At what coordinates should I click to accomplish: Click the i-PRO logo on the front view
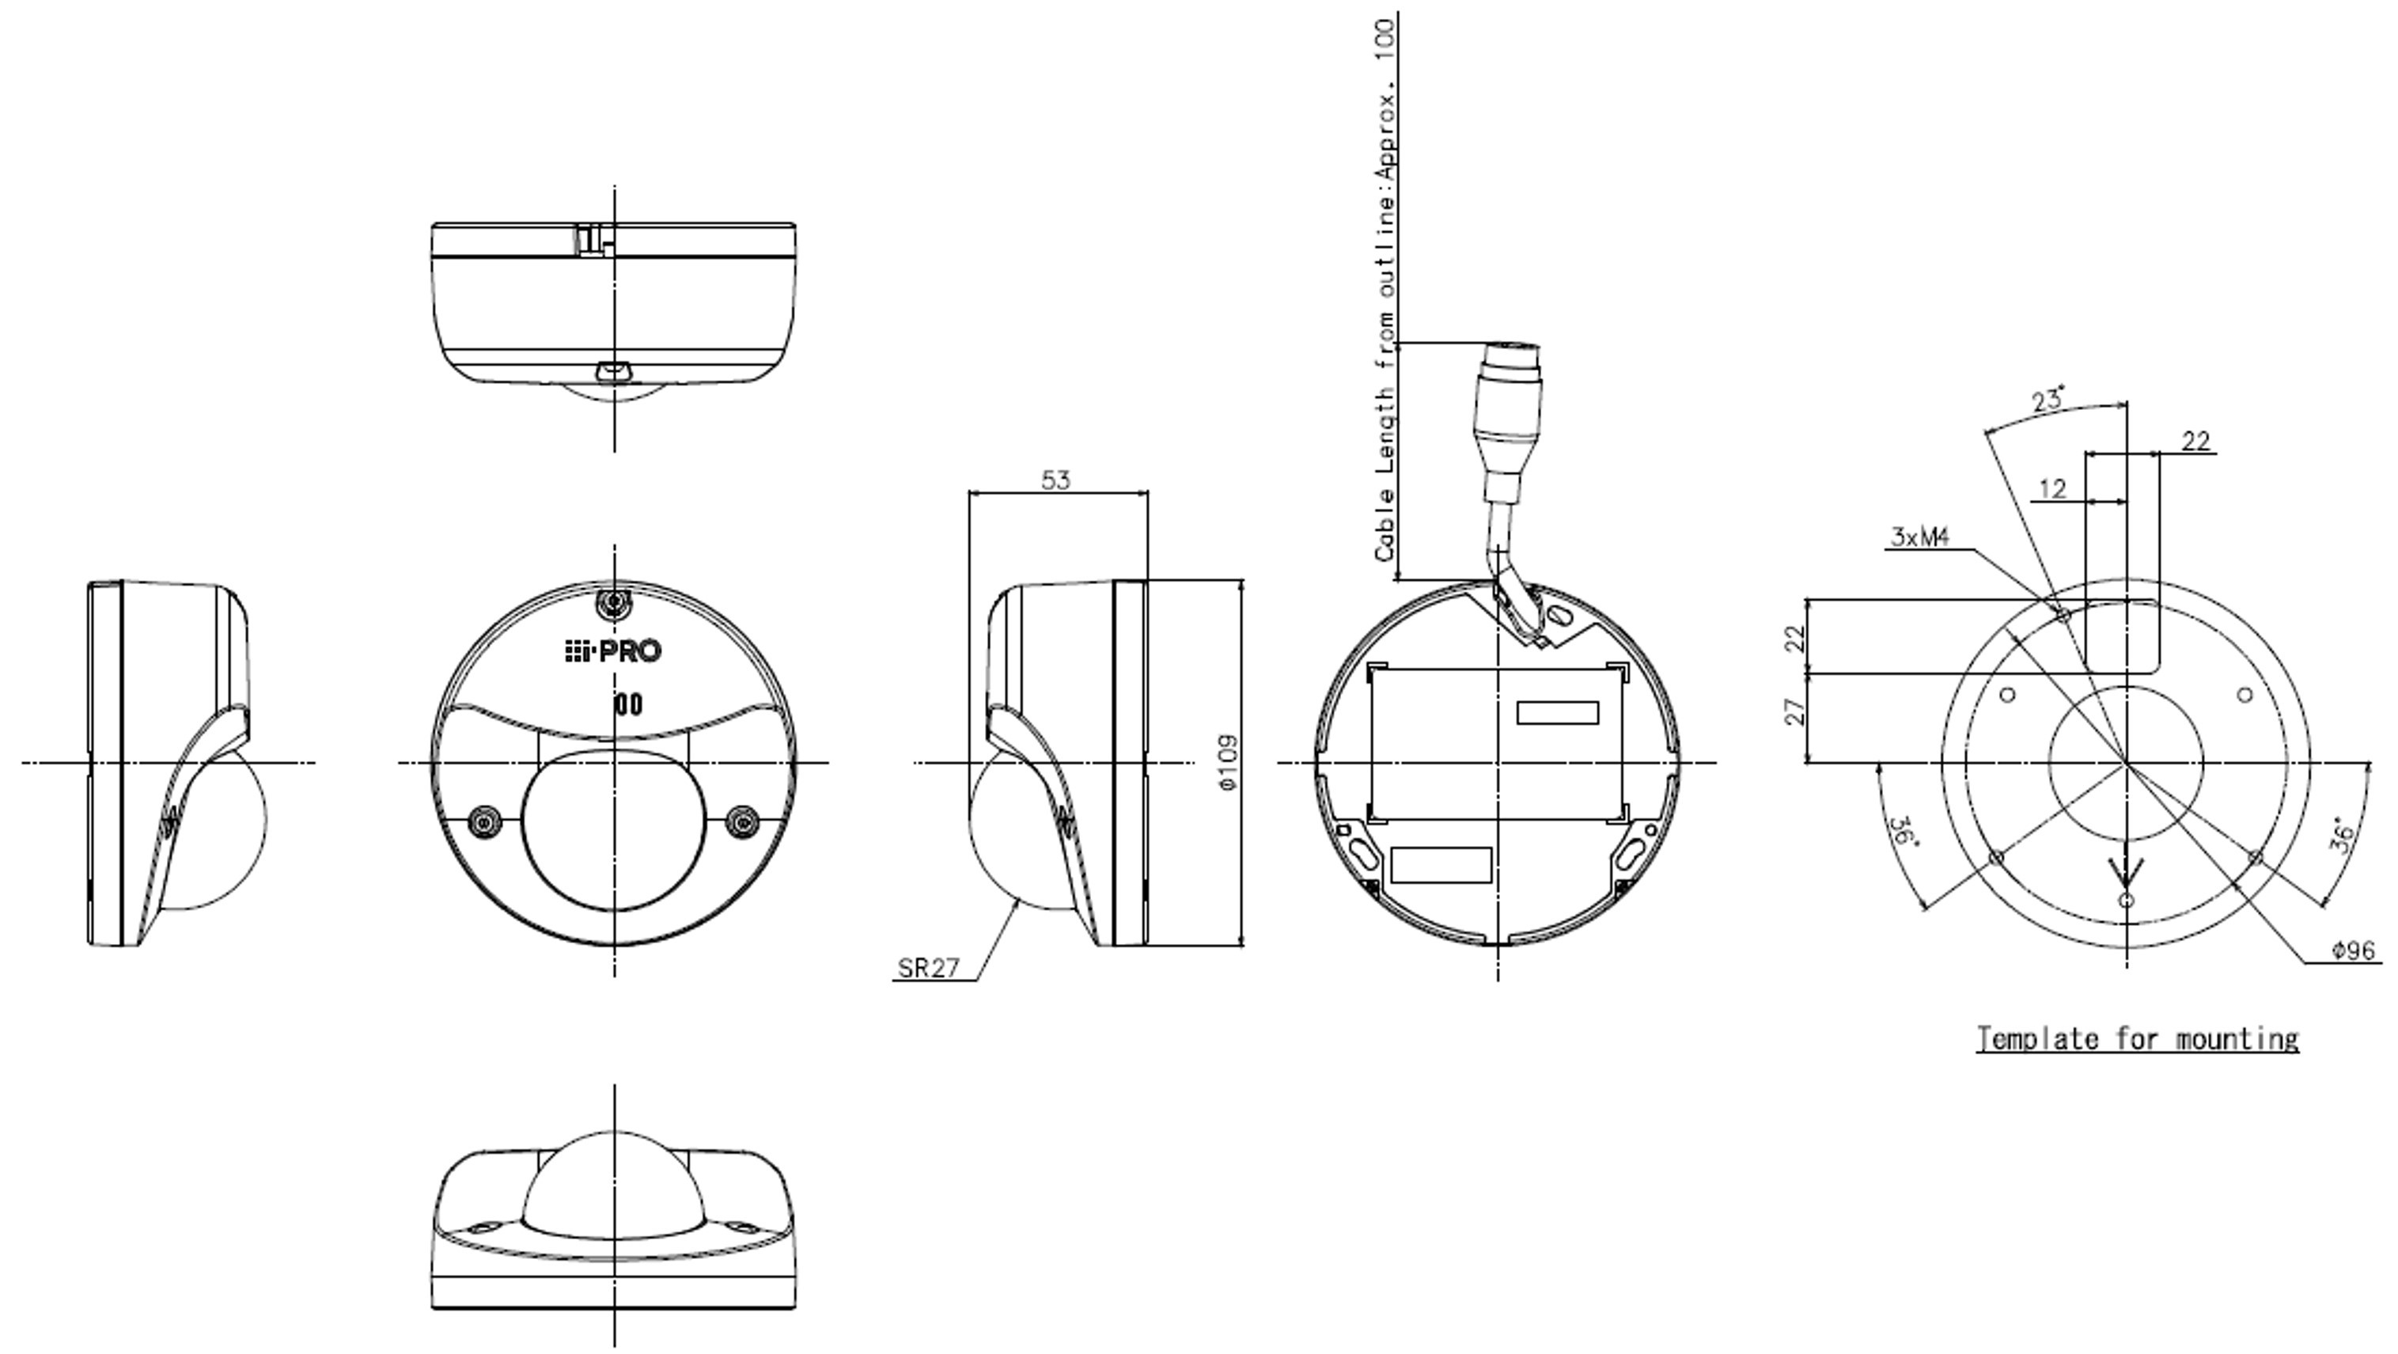tap(612, 651)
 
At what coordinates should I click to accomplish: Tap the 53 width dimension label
tap(1055, 480)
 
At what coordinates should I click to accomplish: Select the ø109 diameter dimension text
tap(1229, 764)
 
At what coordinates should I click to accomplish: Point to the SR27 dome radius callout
tap(928, 969)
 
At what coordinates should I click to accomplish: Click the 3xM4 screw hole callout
tap(1919, 537)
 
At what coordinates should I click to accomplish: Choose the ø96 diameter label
tap(2354, 950)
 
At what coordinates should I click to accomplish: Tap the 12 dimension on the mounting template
tap(2052, 489)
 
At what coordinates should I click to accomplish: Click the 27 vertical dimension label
tap(1796, 712)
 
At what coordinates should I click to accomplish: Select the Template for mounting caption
tap(2138, 1038)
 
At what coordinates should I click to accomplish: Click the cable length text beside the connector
tap(1385, 289)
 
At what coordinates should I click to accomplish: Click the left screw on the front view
tap(484, 821)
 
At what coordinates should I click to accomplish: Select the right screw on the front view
tap(742, 821)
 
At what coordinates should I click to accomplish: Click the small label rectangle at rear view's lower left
tap(1440, 865)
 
